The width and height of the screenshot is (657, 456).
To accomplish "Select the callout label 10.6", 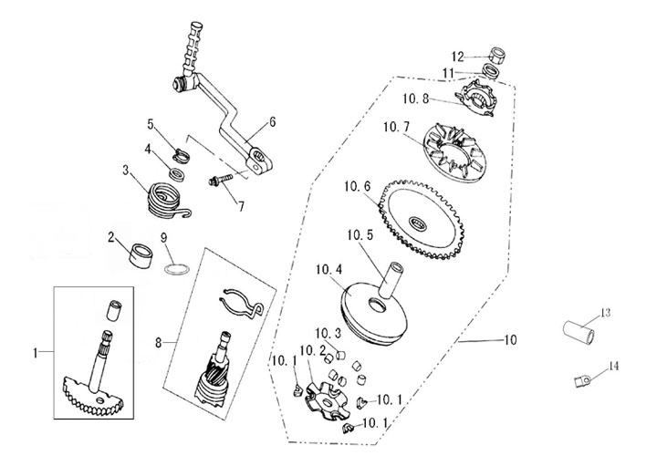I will click(x=358, y=187).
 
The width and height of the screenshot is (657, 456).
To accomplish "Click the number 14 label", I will click(x=614, y=366).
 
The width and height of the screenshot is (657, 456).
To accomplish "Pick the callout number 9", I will click(x=165, y=239).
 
